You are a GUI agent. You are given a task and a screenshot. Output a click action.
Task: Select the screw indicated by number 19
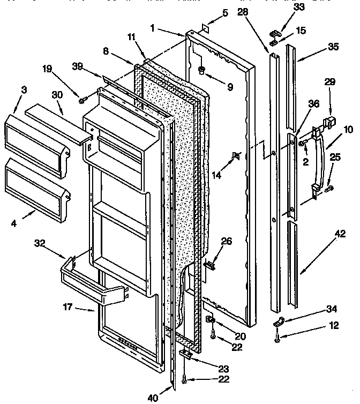tap(81, 100)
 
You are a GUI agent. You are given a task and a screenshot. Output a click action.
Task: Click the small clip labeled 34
tap(279, 323)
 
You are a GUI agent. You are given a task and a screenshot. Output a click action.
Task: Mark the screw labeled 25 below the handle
tap(328, 188)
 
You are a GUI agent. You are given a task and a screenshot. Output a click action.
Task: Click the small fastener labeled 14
tap(235, 156)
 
